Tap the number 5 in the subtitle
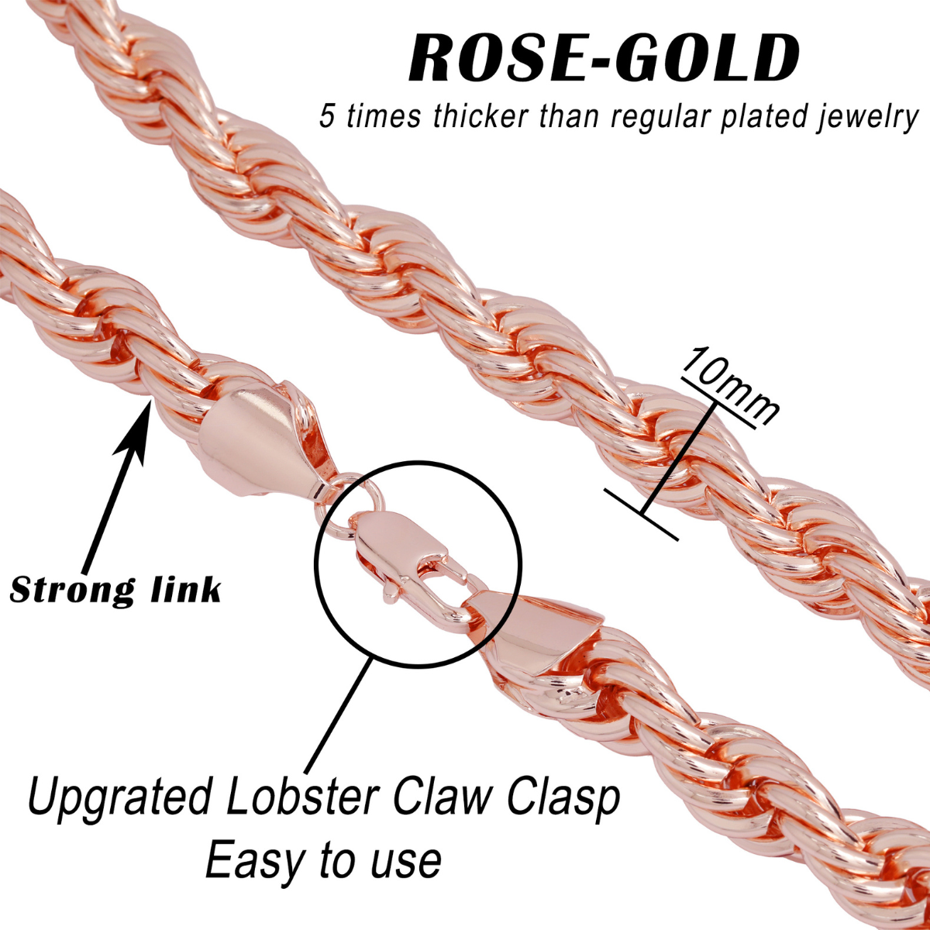tap(329, 116)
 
